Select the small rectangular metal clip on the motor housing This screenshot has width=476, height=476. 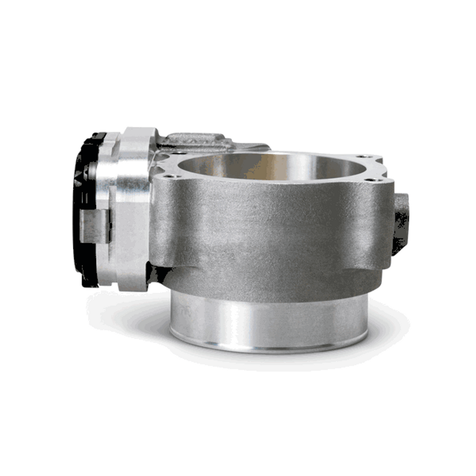pos(95,226)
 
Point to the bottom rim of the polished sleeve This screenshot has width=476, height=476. pos(270,349)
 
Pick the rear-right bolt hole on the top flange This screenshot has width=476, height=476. pos(359,156)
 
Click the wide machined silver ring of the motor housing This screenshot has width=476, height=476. pos(133,206)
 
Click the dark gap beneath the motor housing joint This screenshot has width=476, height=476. pos(157,274)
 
